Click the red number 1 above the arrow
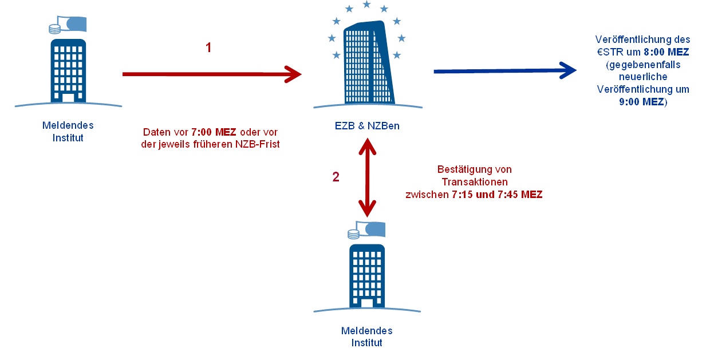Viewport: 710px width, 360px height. [x=208, y=48]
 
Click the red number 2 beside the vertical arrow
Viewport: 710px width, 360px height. [x=336, y=177]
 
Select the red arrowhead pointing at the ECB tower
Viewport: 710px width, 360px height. [x=293, y=74]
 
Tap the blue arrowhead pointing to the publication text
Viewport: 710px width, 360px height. [x=569, y=70]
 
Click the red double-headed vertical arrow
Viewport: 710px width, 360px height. [x=366, y=179]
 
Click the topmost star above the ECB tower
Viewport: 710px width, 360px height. [x=366, y=5]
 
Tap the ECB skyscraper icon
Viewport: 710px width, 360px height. [x=368, y=63]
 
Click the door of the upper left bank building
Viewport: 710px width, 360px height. [x=68, y=98]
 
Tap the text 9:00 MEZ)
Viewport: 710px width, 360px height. [x=642, y=102]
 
